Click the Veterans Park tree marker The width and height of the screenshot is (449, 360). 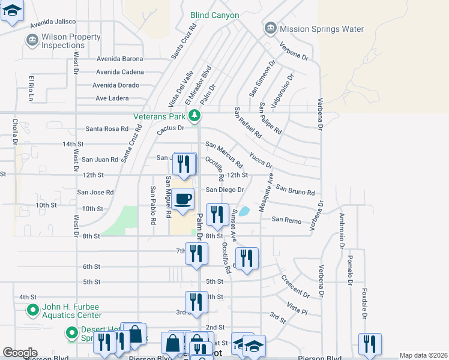pyautogui.click(x=193, y=115)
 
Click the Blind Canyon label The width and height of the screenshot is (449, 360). pyautogui.click(x=214, y=15)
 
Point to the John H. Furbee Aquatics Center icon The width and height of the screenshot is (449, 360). pyautogui.click(x=34, y=310)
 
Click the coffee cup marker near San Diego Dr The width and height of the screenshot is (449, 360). pyautogui.click(x=184, y=199)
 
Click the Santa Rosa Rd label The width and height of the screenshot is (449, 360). pyautogui.click(x=107, y=128)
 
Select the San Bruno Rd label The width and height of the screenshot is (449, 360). pyautogui.click(x=295, y=190)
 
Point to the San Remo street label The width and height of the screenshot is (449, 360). pyautogui.click(x=286, y=220)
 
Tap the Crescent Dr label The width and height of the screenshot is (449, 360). pyautogui.click(x=295, y=287)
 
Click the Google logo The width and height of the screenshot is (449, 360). pyautogui.click(x=20, y=353)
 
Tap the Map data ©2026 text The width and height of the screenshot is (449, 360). pyautogui.click(x=423, y=355)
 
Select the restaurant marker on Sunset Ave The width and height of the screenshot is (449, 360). pyautogui.click(x=247, y=258)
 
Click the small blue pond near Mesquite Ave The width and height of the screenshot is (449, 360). pyautogui.click(x=244, y=211)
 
